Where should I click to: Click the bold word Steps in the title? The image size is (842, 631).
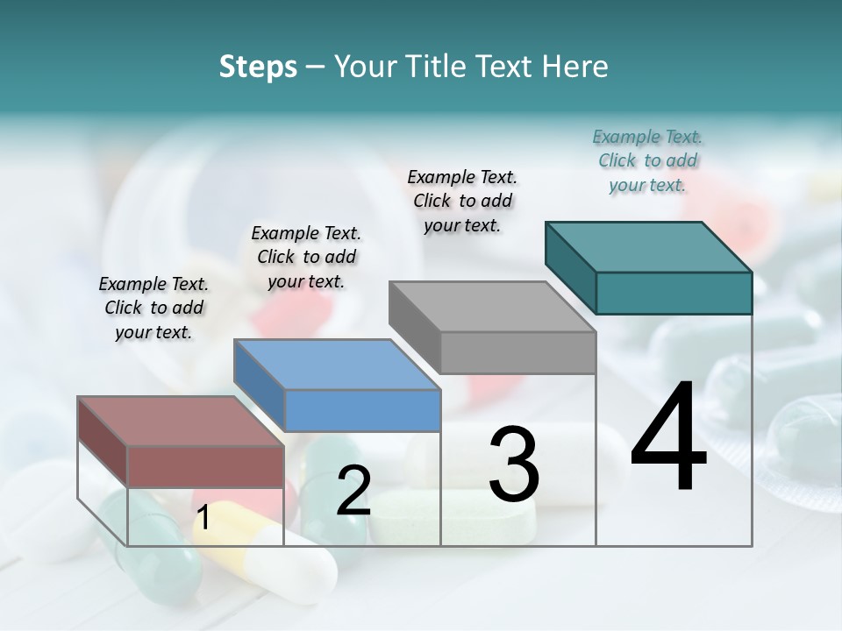point(258,67)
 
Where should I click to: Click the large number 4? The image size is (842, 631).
point(668,438)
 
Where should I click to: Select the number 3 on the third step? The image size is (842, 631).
point(513,464)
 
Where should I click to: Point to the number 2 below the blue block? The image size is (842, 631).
point(353,491)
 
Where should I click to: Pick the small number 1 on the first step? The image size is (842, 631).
point(203,518)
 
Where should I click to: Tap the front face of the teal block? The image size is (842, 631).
point(674,293)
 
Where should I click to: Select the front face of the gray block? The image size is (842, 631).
point(517,352)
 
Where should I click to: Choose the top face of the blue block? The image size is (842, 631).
point(337,364)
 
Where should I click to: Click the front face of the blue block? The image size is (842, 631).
point(362,410)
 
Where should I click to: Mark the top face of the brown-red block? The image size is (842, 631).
point(181,421)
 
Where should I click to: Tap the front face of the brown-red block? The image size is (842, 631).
point(205,465)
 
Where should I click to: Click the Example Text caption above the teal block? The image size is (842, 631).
point(647,160)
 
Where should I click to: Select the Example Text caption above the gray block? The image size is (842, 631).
point(462,201)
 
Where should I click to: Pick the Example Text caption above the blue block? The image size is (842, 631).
point(306,257)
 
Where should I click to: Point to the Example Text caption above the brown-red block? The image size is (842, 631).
point(153,308)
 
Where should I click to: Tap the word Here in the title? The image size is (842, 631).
point(574,67)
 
